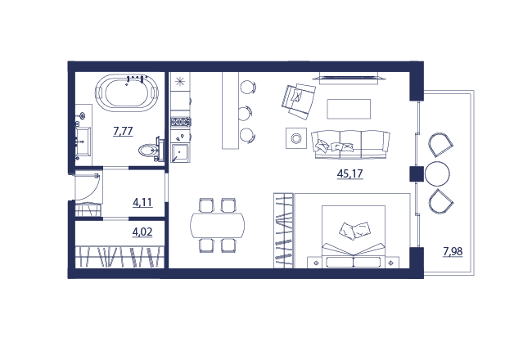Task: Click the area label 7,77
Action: (x=123, y=131)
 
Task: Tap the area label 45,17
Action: (x=349, y=173)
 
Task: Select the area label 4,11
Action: (x=142, y=203)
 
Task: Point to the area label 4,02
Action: (x=142, y=232)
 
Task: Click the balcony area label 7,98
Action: (x=453, y=252)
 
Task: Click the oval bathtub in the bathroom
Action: (x=127, y=92)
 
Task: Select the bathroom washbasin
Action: (x=83, y=141)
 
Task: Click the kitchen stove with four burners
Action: (x=181, y=121)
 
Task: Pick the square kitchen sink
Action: (x=180, y=153)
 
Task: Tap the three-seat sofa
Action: (x=350, y=144)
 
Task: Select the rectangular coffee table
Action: (x=349, y=109)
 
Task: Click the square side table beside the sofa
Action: (x=296, y=138)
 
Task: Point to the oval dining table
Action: (x=218, y=226)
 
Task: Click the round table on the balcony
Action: (x=437, y=173)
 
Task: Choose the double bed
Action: (x=354, y=236)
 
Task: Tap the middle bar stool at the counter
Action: (x=246, y=113)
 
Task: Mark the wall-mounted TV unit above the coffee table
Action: (x=349, y=78)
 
